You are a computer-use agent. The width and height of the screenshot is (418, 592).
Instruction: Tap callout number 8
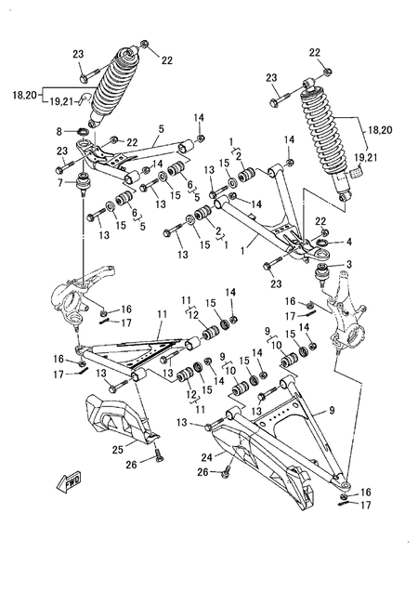click(x=60, y=133)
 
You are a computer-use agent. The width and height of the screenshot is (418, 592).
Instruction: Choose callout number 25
click(x=118, y=450)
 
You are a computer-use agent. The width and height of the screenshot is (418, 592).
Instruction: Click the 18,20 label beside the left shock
click(x=24, y=96)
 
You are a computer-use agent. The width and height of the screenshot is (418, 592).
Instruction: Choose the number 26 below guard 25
click(x=132, y=465)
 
